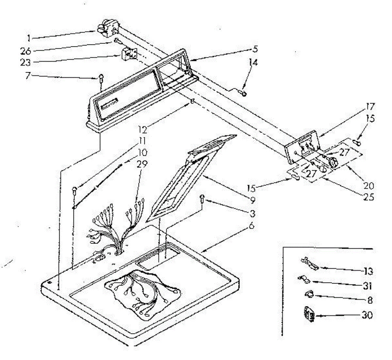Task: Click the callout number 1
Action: [29, 38]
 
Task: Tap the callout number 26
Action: [25, 51]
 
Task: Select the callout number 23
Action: [25, 62]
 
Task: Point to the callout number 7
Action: [28, 76]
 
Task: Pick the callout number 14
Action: [253, 62]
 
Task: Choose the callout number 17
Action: [370, 107]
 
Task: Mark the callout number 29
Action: [142, 164]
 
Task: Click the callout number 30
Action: [367, 315]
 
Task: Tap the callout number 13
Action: [368, 271]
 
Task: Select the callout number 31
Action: [367, 286]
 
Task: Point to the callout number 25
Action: [369, 197]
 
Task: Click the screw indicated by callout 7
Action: [101, 79]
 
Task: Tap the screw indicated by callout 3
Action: [202, 199]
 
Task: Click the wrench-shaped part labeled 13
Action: [310, 264]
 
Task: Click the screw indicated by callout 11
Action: [74, 191]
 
